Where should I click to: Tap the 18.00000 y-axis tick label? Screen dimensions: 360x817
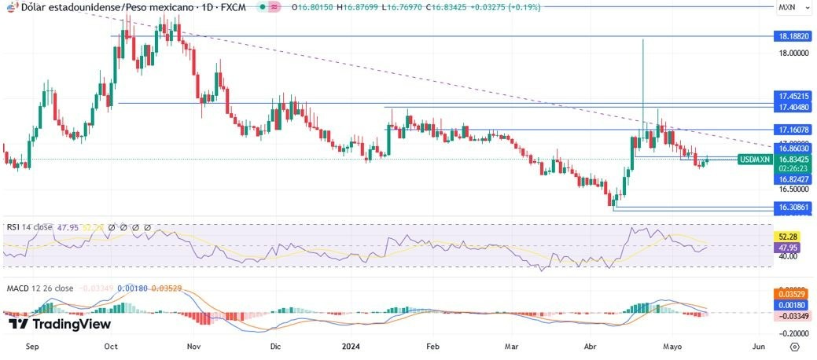coord(793,53)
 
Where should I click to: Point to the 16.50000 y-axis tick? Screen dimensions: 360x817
coord(793,189)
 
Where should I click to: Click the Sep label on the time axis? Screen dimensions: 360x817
coord(32,345)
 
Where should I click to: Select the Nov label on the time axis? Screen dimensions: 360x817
coord(193,345)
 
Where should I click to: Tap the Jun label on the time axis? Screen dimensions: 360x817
coord(758,345)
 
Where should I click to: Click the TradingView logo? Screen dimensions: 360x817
coord(59,324)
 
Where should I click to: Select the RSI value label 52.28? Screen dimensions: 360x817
coord(789,236)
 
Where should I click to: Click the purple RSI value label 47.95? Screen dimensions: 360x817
coord(789,246)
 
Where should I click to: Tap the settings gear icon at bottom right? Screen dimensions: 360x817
coord(795,345)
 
